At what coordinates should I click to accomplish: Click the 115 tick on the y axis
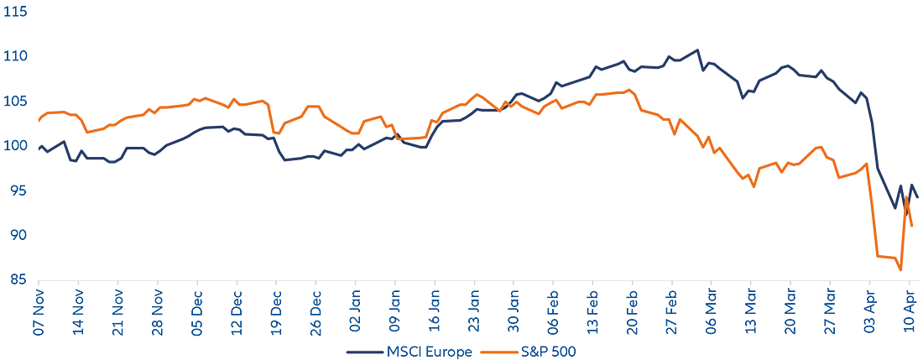tap(15, 13)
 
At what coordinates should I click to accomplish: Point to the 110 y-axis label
tap(15, 56)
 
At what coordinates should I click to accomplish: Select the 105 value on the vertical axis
tap(15, 102)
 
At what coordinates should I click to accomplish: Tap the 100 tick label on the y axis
tap(15, 146)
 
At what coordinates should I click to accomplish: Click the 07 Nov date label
tap(38, 316)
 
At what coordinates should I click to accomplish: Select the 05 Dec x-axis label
tap(196, 316)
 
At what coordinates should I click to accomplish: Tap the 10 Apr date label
tap(910, 316)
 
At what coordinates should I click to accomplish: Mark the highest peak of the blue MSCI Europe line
tap(697, 50)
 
